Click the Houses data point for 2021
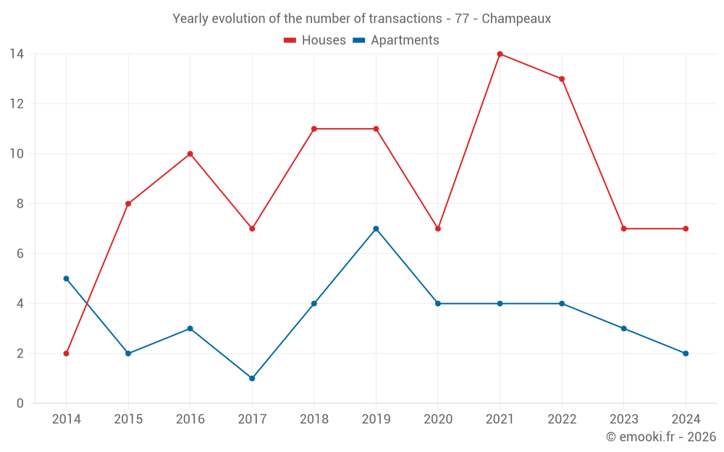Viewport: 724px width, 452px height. pyautogui.click(x=500, y=54)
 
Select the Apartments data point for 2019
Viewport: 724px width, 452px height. pyautogui.click(x=376, y=229)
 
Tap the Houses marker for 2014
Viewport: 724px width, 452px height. pyautogui.click(x=66, y=354)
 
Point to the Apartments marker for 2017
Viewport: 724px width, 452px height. pyautogui.click(x=252, y=378)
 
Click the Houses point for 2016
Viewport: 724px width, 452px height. pyautogui.click(x=190, y=153)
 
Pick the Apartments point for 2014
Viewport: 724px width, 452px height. pyautogui.click(x=66, y=278)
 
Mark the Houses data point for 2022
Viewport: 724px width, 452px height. pyautogui.click(x=562, y=79)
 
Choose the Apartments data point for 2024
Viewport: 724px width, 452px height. pyautogui.click(x=686, y=354)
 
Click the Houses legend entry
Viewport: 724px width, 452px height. pyautogui.click(x=315, y=40)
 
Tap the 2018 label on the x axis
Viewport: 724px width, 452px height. pyautogui.click(x=313, y=419)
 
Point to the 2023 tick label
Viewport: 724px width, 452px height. pyautogui.click(x=623, y=419)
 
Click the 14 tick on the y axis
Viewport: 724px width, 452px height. pyautogui.click(x=17, y=54)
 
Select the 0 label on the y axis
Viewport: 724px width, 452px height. pyautogui.click(x=20, y=404)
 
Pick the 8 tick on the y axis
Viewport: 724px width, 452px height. pyautogui.click(x=20, y=204)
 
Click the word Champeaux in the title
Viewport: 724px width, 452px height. pyautogui.click(x=516, y=19)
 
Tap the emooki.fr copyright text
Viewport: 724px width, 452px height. pyautogui.click(x=661, y=437)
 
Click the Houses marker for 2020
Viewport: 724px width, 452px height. pyautogui.click(x=438, y=229)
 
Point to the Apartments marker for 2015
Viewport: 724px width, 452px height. pyautogui.click(x=128, y=354)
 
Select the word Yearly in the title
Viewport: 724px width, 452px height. pyautogui.click(x=190, y=19)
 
